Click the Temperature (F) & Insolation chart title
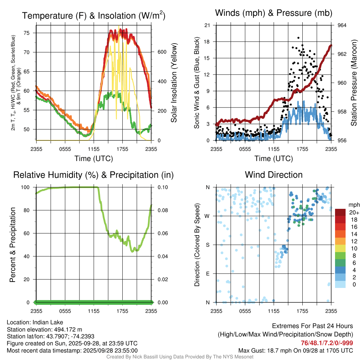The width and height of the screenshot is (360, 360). point(94,15)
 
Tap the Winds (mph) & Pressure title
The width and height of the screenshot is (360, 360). point(274,13)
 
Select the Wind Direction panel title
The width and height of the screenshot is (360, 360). point(274,174)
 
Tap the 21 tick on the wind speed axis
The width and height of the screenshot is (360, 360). point(207,25)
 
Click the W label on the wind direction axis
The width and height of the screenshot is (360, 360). point(207,216)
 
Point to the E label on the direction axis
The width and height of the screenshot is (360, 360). point(207,274)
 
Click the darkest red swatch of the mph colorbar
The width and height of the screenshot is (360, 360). point(340,212)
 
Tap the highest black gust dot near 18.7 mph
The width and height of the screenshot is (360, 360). point(298,38)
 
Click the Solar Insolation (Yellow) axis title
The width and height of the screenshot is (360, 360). point(174,83)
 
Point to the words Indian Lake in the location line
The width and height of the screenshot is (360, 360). point(48,322)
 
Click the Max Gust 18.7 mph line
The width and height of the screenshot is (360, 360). point(296,350)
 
